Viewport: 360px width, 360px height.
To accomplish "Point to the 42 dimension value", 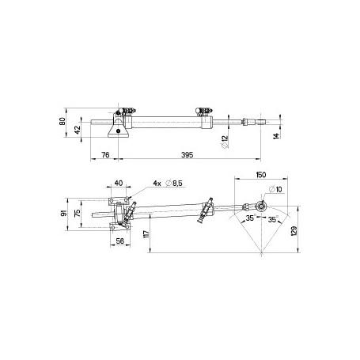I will [77, 128].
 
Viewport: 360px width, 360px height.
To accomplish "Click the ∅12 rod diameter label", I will [226, 142].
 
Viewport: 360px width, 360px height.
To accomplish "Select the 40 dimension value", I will [119, 184].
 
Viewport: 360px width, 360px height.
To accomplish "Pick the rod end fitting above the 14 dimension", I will [254, 123].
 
